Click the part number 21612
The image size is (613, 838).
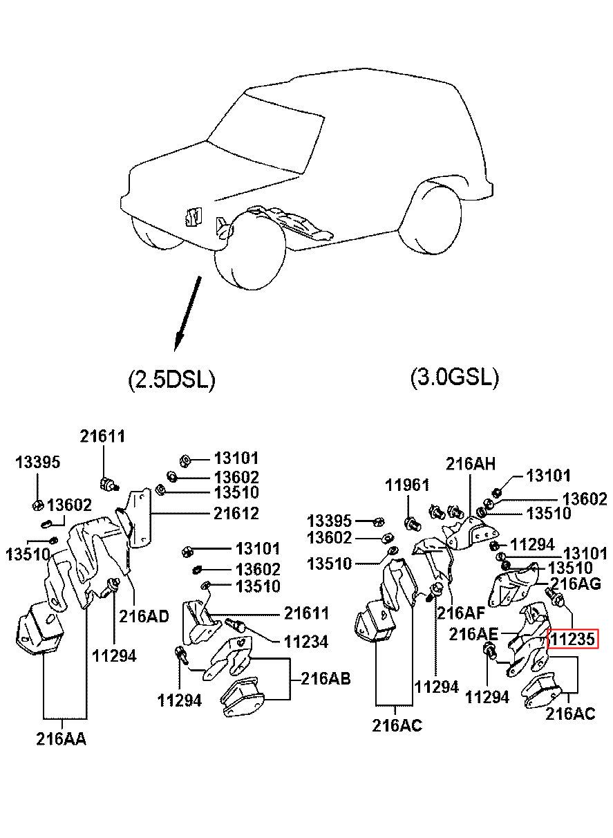(x=236, y=513)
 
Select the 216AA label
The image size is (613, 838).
(x=61, y=739)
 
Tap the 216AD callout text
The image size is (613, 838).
(x=144, y=616)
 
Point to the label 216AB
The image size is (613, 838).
(x=326, y=678)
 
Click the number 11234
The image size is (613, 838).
(x=306, y=642)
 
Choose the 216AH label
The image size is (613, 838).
(x=471, y=464)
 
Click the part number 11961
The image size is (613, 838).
(x=407, y=485)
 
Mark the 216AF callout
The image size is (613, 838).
(x=461, y=613)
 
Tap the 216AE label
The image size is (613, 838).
(x=473, y=634)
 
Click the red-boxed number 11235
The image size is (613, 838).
(x=573, y=639)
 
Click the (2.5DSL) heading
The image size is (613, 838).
(x=172, y=380)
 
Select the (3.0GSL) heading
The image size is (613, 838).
(x=455, y=377)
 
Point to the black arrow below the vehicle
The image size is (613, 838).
(x=188, y=313)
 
